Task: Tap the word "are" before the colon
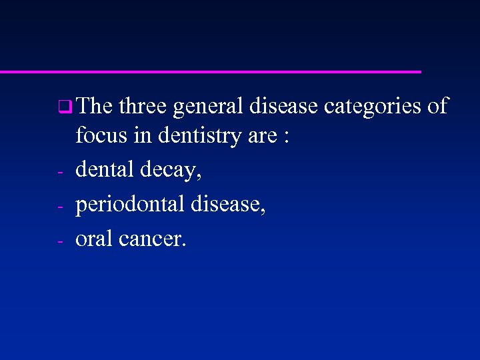pyautogui.click(x=261, y=137)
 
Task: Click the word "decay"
pyautogui.click(x=171, y=171)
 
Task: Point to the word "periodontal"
pyautogui.click(x=129, y=205)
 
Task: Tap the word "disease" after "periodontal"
pyautogui.click(x=228, y=205)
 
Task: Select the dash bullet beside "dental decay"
pyautogui.click(x=60, y=173)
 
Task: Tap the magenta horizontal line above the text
pyautogui.click(x=210, y=71)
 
